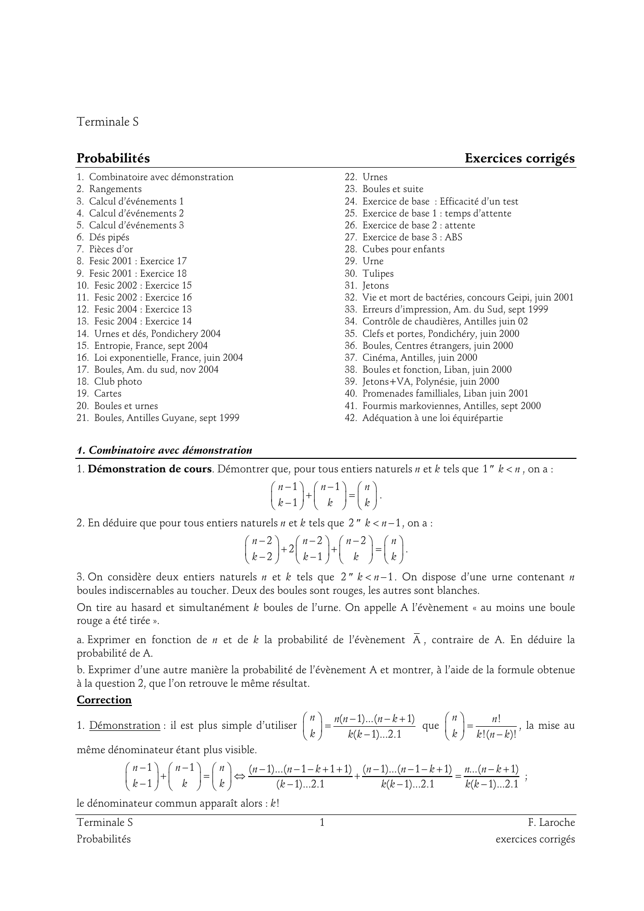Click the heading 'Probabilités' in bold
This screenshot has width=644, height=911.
click(x=113, y=158)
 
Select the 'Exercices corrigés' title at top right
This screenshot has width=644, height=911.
click(x=520, y=158)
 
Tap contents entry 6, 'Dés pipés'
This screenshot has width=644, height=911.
click(x=109, y=237)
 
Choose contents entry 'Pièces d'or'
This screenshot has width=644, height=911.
click(x=111, y=249)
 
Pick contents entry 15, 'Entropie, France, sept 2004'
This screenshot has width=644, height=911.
click(x=151, y=346)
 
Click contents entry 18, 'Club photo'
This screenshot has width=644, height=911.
click(x=118, y=382)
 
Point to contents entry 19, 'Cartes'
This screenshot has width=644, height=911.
click(x=108, y=393)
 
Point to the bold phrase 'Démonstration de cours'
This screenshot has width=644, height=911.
click(x=150, y=469)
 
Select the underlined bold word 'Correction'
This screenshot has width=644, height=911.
click(x=104, y=700)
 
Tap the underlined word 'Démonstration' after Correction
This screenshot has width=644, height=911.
click(x=125, y=726)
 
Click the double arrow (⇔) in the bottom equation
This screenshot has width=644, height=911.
click(x=239, y=777)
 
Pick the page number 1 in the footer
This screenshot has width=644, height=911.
click(x=322, y=822)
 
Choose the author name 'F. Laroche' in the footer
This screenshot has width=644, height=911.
click(x=551, y=822)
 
